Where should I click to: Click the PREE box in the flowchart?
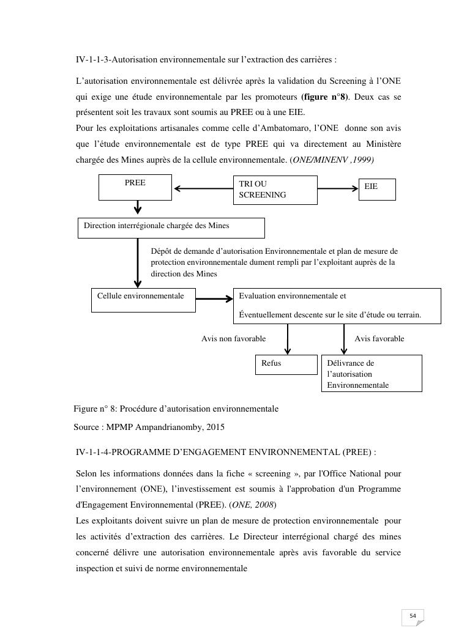point(135,187)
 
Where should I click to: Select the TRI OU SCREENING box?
point(275,190)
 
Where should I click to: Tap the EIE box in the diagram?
point(377,189)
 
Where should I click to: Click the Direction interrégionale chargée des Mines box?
point(171,228)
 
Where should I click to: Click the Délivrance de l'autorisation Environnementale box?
point(372,373)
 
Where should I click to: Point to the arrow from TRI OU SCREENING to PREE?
point(203,188)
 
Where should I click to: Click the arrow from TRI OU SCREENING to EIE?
point(338,188)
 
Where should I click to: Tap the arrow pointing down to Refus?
point(288,339)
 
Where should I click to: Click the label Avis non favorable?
point(233,338)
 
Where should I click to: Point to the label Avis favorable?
point(379,338)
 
